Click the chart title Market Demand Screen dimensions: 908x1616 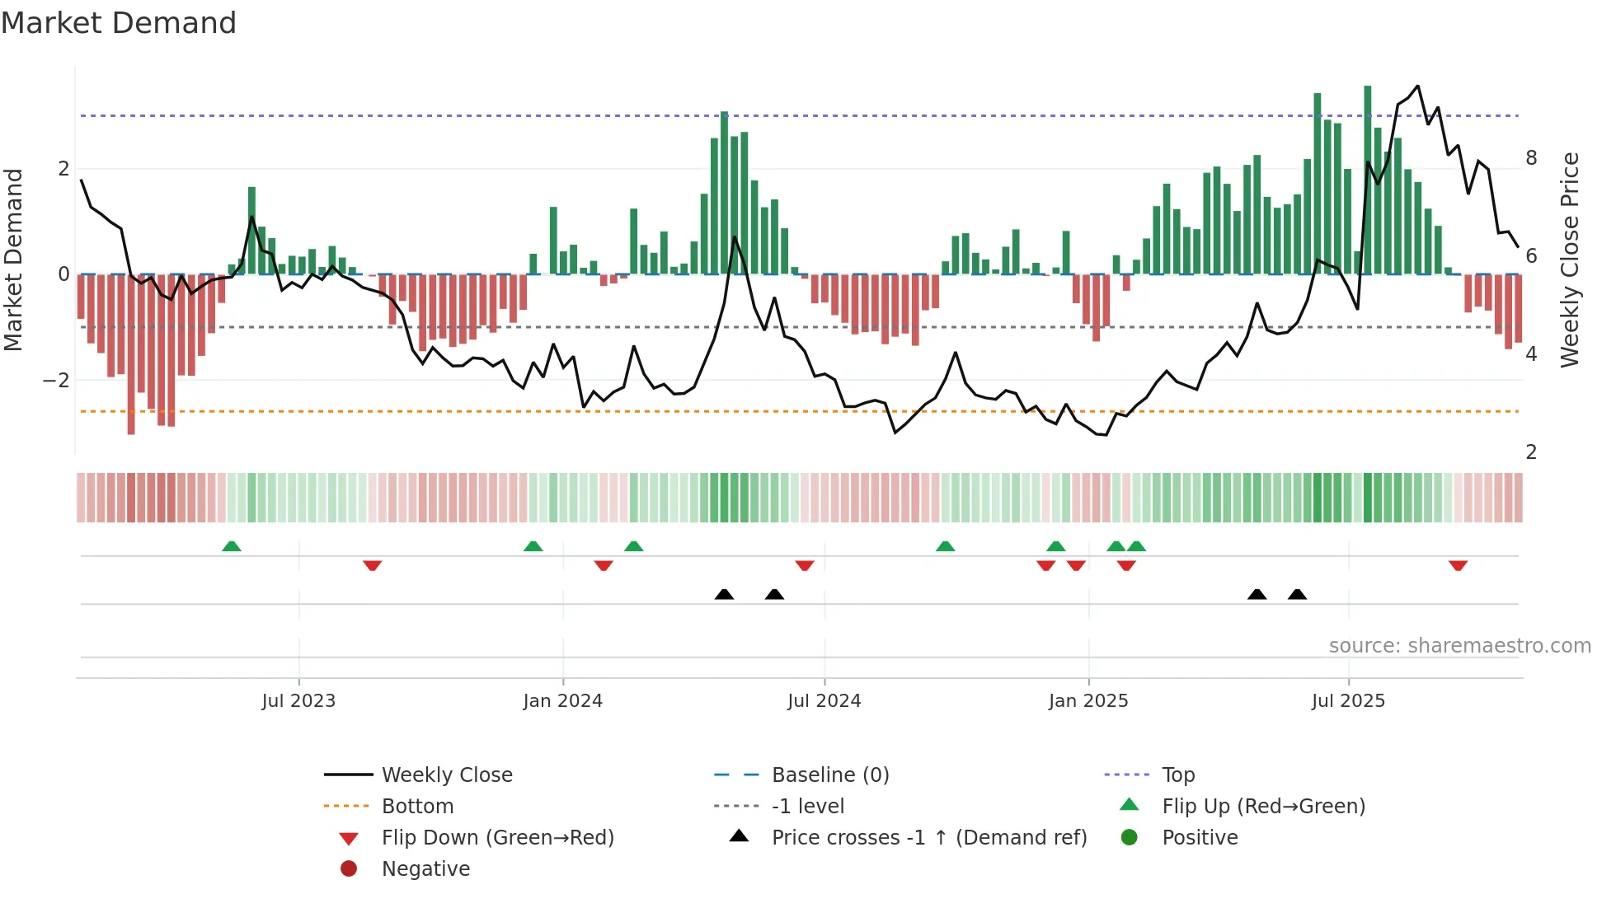click(x=119, y=23)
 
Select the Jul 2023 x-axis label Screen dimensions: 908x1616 click(x=298, y=701)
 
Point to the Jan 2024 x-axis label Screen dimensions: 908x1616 click(x=562, y=701)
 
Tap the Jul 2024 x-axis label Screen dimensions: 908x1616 click(x=824, y=701)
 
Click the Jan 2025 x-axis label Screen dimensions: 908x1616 click(x=1088, y=701)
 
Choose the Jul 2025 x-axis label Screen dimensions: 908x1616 click(x=1348, y=701)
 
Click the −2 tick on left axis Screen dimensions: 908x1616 click(x=56, y=380)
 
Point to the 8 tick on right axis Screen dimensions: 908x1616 click(x=1531, y=158)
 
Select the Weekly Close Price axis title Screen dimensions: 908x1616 click(x=1570, y=260)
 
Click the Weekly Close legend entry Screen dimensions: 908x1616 click(x=446, y=775)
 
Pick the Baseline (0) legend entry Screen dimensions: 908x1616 click(x=829, y=775)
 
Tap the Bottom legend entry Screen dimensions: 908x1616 click(x=417, y=807)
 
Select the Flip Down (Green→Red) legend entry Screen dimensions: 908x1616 click(x=497, y=838)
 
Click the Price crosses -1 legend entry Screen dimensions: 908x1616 click(x=928, y=838)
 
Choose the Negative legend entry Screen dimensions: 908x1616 click(x=425, y=869)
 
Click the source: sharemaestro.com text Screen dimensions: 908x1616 click(x=1459, y=646)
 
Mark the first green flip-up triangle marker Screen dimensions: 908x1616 click(x=232, y=546)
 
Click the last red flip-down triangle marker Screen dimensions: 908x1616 click(x=1458, y=565)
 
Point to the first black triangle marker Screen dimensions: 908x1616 click(x=724, y=594)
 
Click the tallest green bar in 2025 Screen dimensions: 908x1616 click(x=1367, y=180)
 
